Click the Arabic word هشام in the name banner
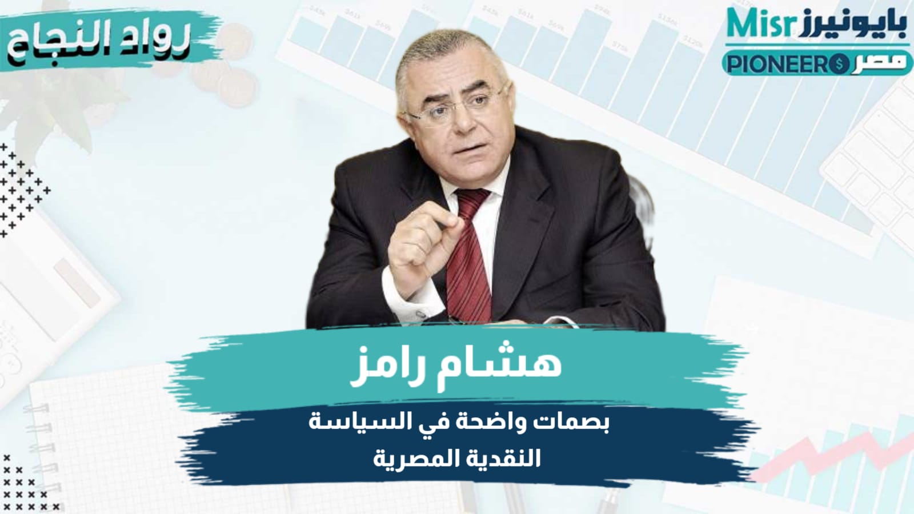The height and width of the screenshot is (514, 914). [512, 363]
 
